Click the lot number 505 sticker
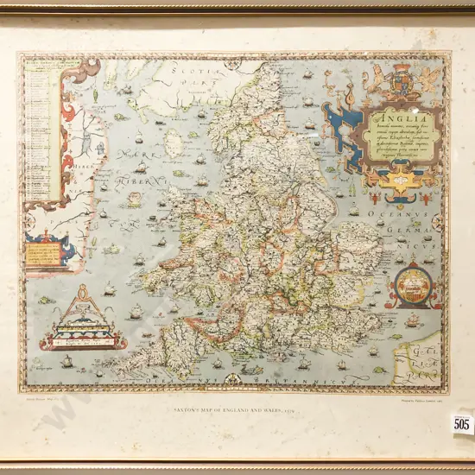coord(462,423)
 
